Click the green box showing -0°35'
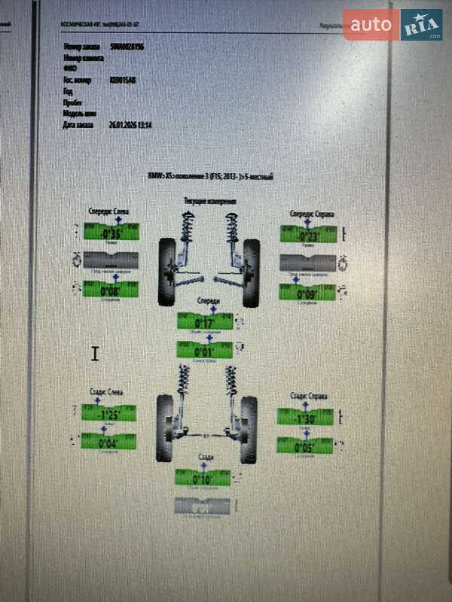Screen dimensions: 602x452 pyautogui.click(x=111, y=233)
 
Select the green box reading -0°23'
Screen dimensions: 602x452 pyautogui.click(x=307, y=235)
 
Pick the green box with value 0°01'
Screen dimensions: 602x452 pyautogui.click(x=204, y=350)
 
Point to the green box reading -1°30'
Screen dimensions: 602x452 pyautogui.click(x=304, y=418)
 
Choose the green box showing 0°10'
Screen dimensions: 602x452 pyautogui.click(x=203, y=478)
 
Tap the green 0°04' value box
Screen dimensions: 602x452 pyautogui.click(x=109, y=442)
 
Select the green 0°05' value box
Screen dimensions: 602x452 pyautogui.click(x=304, y=446)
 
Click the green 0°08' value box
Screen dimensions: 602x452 pyautogui.click(x=111, y=290)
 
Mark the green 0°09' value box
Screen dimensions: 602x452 pyautogui.click(x=307, y=293)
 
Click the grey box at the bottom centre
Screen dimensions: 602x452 pyautogui.click(x=203, y=506)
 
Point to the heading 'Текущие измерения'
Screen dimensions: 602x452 pyautogui.click(x=210, y=202)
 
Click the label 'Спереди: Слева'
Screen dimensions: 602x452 pyautogui.click(x=109, y=211)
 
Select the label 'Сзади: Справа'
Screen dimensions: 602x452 pyautogui.click(x=309, y=396)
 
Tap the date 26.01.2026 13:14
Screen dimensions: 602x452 pyautogui.click(x=131, y=124)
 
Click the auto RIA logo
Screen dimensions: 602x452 pyautogui.click(x=392, y=25)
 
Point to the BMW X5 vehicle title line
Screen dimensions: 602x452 pyautogui.click(x=210, y=176)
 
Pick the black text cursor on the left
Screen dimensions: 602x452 pyautogui.click(x=95, y=353)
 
